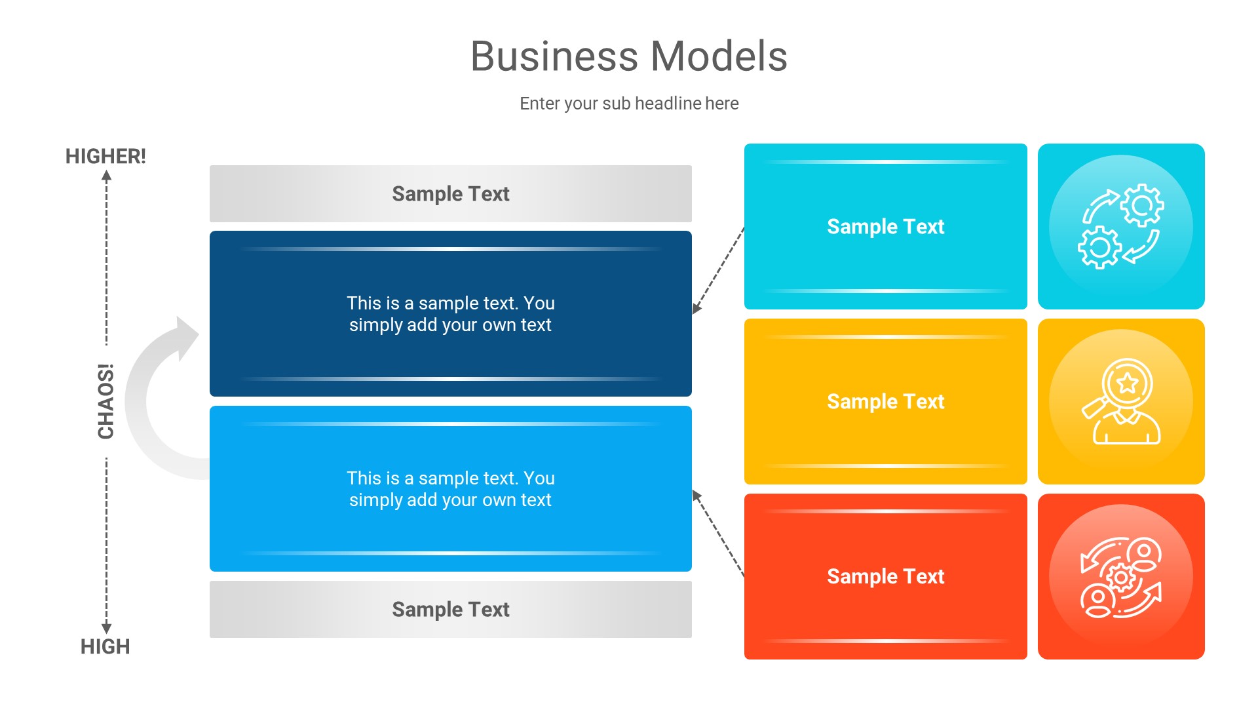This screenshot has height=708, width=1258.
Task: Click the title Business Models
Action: [628, 56]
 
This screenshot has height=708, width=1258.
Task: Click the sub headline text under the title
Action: [628, 104]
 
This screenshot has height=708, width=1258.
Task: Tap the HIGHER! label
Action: [105, 157]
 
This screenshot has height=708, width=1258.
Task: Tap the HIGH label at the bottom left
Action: [105, 646]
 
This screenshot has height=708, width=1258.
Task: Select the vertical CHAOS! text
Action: [106, 401]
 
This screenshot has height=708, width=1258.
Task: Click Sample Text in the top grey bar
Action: [450, 194]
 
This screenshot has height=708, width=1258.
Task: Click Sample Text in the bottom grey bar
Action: [450, 610]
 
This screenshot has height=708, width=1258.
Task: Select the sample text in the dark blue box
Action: [450, 314]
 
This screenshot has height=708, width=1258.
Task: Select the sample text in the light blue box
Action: [450, 489]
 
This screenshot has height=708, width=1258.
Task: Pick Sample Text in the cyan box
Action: [885, 227]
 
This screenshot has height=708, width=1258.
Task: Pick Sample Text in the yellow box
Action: [885, 402]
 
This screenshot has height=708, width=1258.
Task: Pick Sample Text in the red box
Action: [885, 577]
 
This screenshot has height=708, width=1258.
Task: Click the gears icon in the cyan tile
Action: [1120, 226]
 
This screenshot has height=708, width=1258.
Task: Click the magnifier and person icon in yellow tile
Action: [1120, 401]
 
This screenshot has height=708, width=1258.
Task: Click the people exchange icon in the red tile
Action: [1120, 577]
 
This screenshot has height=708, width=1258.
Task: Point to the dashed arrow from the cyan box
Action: [719, 270]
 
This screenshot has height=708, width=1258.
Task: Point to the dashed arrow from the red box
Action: [719, 533]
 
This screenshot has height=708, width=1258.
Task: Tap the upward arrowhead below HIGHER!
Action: [107, 176]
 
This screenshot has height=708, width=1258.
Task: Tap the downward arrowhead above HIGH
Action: [107, 628]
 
